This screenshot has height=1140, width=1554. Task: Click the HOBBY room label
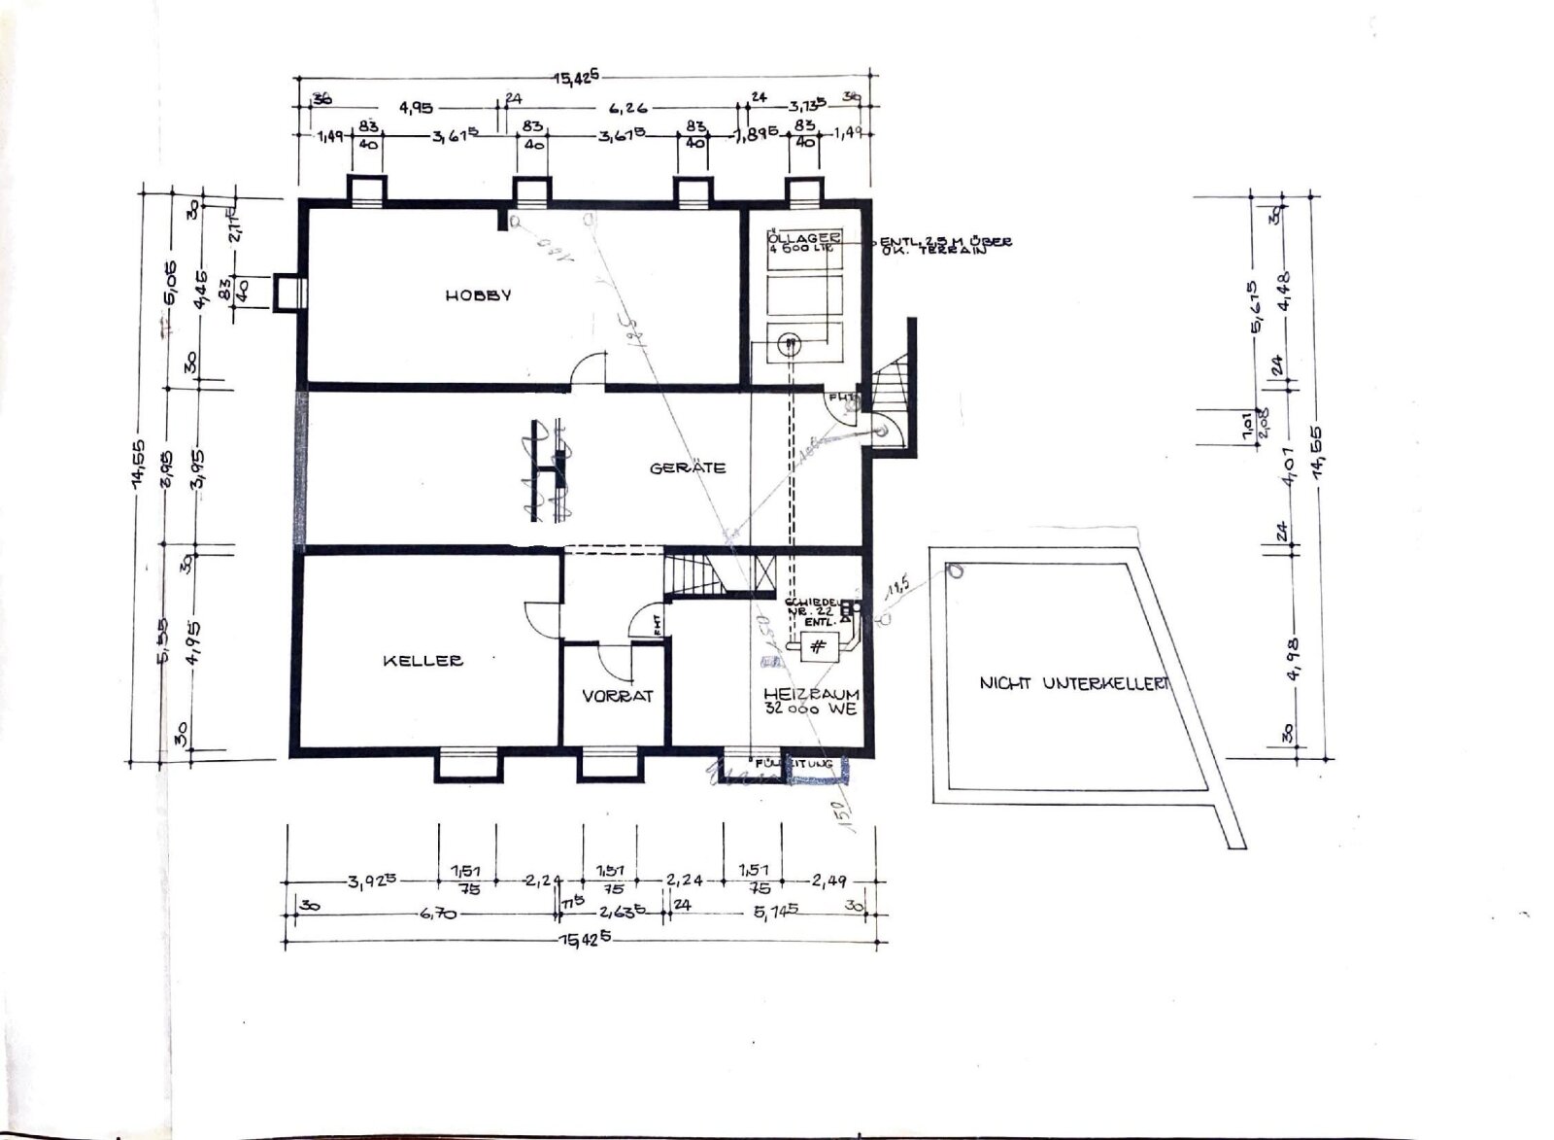(478, 294)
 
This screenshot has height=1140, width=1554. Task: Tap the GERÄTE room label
(688, 467)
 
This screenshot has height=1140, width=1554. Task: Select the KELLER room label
(422, 661)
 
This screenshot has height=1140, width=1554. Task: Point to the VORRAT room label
(618, 696)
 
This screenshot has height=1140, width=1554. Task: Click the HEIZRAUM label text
(811, 694)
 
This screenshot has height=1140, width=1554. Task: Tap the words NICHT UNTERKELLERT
(1073, 683)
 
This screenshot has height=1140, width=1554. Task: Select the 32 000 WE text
(811, 710)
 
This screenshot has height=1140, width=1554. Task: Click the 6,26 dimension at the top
(626, 108)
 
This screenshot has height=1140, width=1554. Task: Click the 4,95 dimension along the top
(415, 108)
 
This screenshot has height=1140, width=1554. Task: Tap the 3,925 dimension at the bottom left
(373, 882)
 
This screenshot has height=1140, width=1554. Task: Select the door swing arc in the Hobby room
(589, 369)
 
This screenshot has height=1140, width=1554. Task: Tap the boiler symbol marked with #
(819, 646)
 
